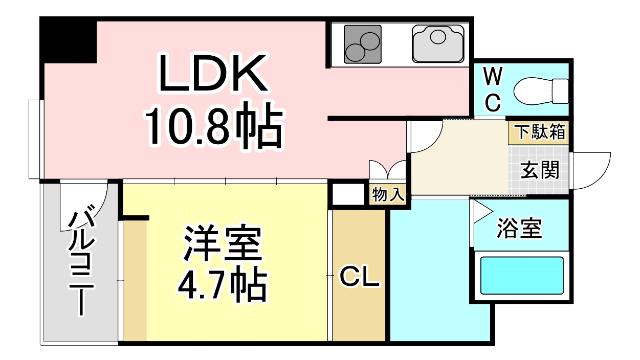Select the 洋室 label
click(222, 242)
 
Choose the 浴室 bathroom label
click(520, 229)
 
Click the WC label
click(493, 90)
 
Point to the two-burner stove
click(363, 44)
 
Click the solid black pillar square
click(68, 41)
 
